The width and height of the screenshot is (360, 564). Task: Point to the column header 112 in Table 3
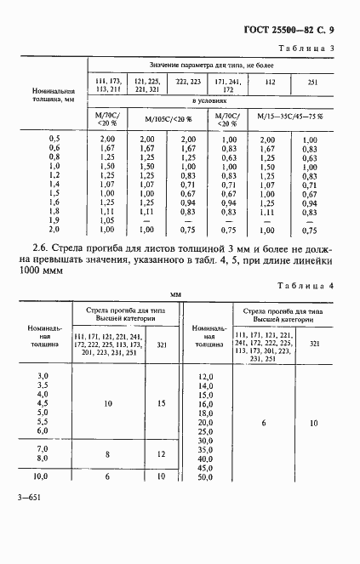click(270, 83)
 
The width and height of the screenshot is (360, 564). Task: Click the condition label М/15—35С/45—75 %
click(290, 117)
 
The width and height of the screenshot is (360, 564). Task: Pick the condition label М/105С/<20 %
click(168, 117)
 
